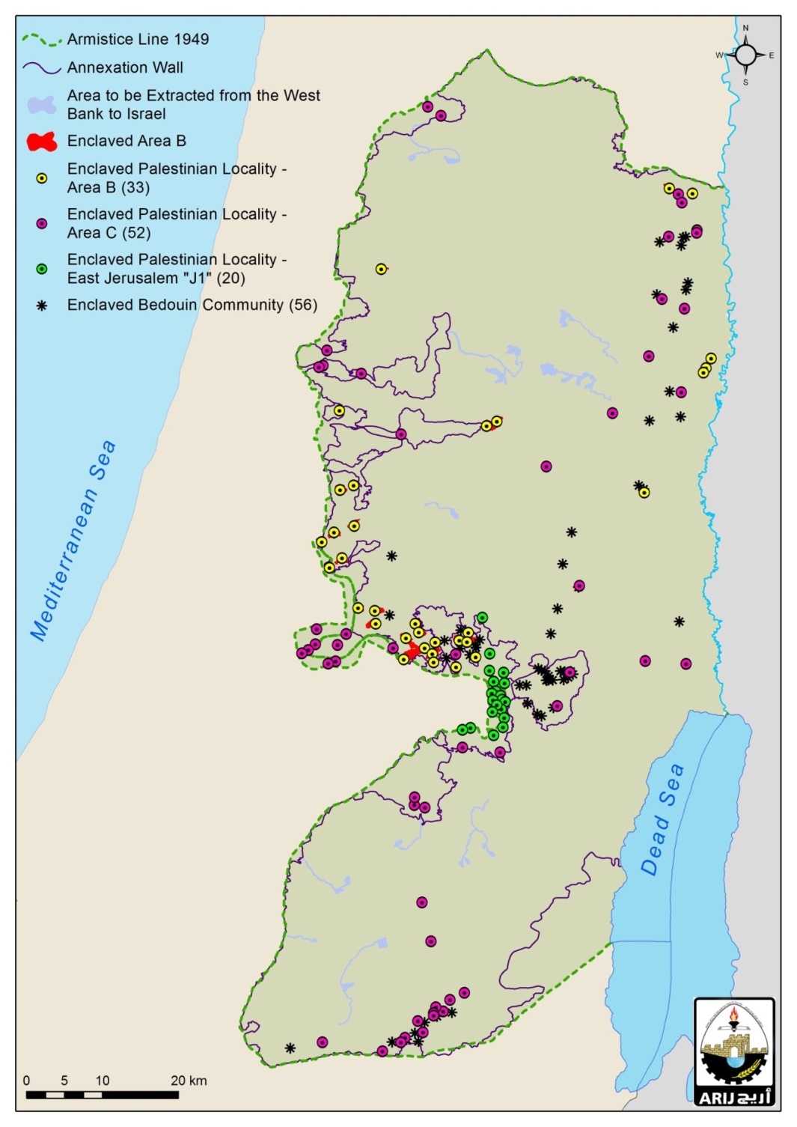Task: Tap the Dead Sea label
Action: tap(662, 819)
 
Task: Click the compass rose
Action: tap(745, 55)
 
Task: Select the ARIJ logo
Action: tap(734, 1052)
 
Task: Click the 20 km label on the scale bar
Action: tap(188, 1081)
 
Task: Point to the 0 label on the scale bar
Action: tap(27, 1081)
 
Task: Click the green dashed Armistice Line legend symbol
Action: tap(41, 39)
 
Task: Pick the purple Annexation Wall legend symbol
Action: tap(41, 68)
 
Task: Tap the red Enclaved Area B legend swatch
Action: tap(42, 141)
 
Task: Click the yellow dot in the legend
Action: tap(42, 178)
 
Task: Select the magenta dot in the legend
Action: tap(42, 223)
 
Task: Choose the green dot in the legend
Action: tap(42, 269)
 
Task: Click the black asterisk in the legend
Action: tap(42, 306)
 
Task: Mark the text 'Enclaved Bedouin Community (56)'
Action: tap(192, 305)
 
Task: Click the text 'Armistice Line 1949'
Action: tap(138, 39)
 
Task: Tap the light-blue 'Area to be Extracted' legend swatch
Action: tap(42, 105)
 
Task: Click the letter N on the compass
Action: tap(745, 28)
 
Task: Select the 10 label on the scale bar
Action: tap(102, 1081)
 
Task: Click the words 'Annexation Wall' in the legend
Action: tap(125, 67)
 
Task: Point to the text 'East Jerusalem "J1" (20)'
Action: tap(156, 278)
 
